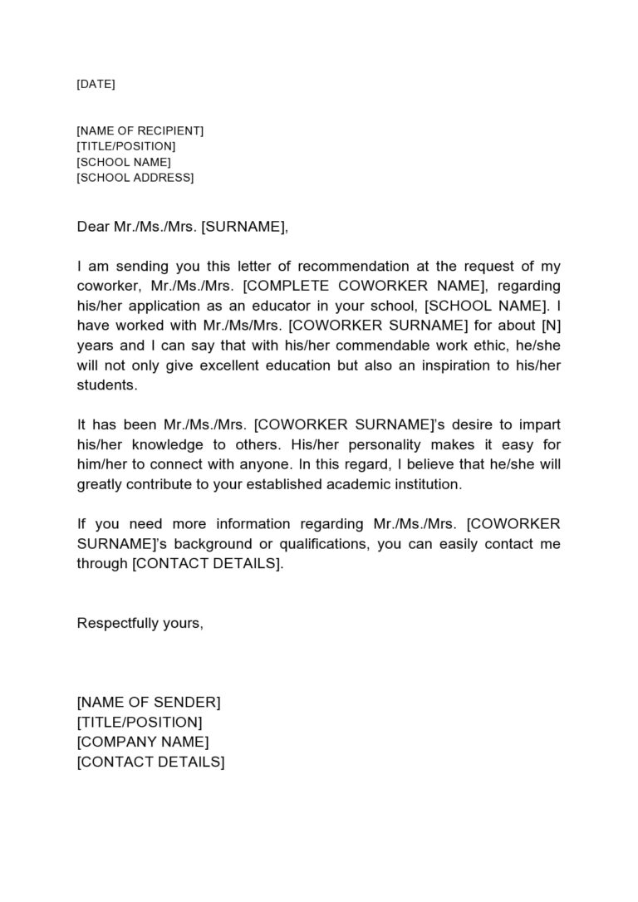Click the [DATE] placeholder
(96, 84)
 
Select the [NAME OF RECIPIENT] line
(140, 130)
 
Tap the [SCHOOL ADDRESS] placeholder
(135, 178)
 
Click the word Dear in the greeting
(93, 226)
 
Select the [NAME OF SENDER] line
(149, 703)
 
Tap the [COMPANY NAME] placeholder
(143, 742)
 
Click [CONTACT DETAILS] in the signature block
(150, 762)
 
